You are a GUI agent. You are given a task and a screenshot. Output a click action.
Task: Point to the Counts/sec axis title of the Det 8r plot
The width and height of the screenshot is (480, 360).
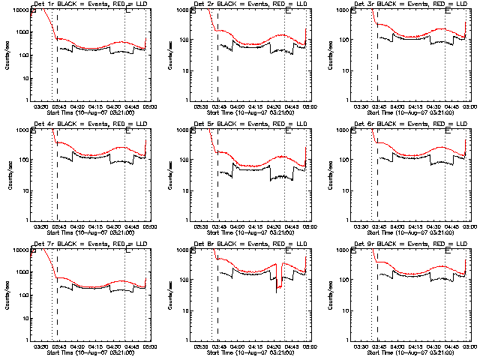(x=166, y=294)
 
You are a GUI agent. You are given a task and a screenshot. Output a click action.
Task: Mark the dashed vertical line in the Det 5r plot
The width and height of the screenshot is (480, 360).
(x=217, y=187)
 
